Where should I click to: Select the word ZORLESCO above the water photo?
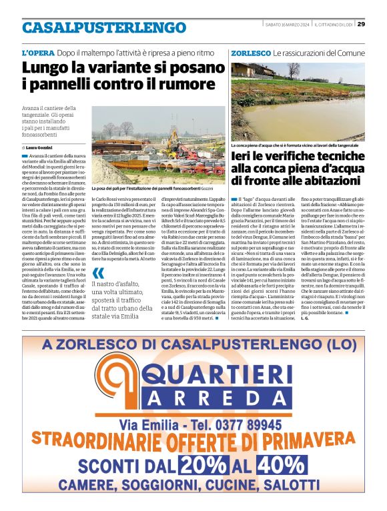[x=250, y=52]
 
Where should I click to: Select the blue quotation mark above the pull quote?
[x=99, y=272]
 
